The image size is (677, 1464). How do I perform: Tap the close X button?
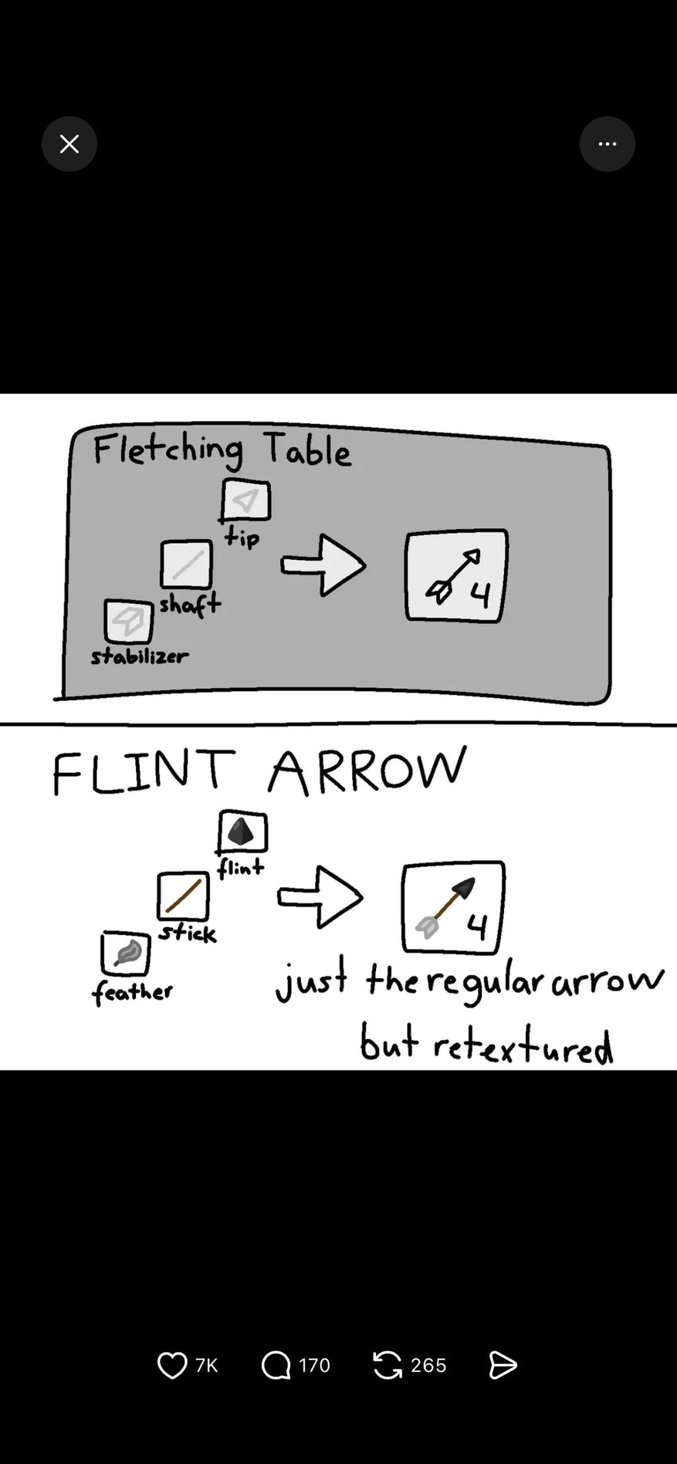(69, 144)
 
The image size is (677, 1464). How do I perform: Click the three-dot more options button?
(607, 144)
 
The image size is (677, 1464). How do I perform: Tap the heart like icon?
(172, 1365)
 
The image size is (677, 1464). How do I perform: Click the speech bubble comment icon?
(276, 1365)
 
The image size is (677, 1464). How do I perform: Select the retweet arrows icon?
(387, 1365)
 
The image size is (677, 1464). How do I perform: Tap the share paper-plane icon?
(503, 1365)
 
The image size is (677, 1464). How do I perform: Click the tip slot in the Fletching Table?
(246, 501)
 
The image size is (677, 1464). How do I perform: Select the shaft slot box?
(186, 564)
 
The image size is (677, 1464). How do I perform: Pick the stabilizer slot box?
(129, 621)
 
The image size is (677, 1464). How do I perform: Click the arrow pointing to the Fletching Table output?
(323, 565)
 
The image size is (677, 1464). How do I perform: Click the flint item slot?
(243, 833)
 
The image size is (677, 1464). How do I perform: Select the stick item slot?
(183, 895)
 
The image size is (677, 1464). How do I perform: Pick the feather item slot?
(126, 953)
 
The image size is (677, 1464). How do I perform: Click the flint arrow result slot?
(453, 908)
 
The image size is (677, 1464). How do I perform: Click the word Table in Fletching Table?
(307, 449)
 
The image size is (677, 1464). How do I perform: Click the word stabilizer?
(139, 657)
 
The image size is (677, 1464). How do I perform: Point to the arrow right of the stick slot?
(320, 897)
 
